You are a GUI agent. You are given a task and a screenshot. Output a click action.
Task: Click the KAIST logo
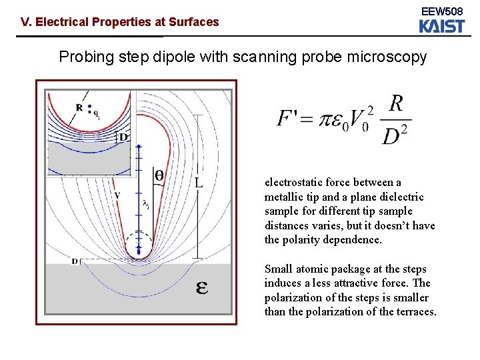(441, 26)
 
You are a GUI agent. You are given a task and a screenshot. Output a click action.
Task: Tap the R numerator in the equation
(396, 104)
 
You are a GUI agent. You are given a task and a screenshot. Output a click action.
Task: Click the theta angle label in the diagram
(160, 175)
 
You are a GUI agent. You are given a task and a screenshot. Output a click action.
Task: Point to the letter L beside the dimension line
(198, 182)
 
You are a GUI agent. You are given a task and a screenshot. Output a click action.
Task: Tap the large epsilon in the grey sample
(202, 288)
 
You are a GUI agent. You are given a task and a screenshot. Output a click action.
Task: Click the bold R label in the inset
(79, 107)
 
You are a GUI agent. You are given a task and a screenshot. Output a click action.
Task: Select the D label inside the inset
(123, 137)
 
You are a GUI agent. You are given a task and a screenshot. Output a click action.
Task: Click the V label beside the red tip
(117, 195)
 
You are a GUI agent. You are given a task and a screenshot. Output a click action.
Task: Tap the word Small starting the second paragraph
(279, 269)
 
